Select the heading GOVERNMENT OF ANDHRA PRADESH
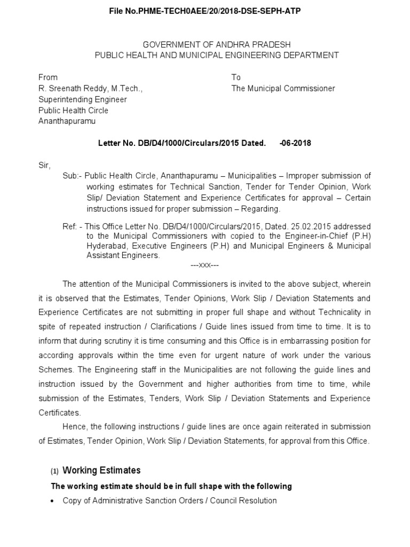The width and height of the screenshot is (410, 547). coord(216,44)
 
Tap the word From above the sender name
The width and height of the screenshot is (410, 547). coord(48,77)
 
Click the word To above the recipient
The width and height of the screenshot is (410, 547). coord(236,77)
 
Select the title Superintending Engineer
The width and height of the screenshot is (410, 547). coord(82,99)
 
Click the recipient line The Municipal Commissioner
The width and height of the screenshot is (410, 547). coord(283,89)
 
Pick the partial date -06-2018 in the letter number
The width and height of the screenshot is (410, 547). coord(295,143)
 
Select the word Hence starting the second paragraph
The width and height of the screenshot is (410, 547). coord(74,427)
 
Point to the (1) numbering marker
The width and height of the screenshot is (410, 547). coord(54,471)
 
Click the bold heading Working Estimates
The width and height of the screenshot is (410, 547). coord(101,470)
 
